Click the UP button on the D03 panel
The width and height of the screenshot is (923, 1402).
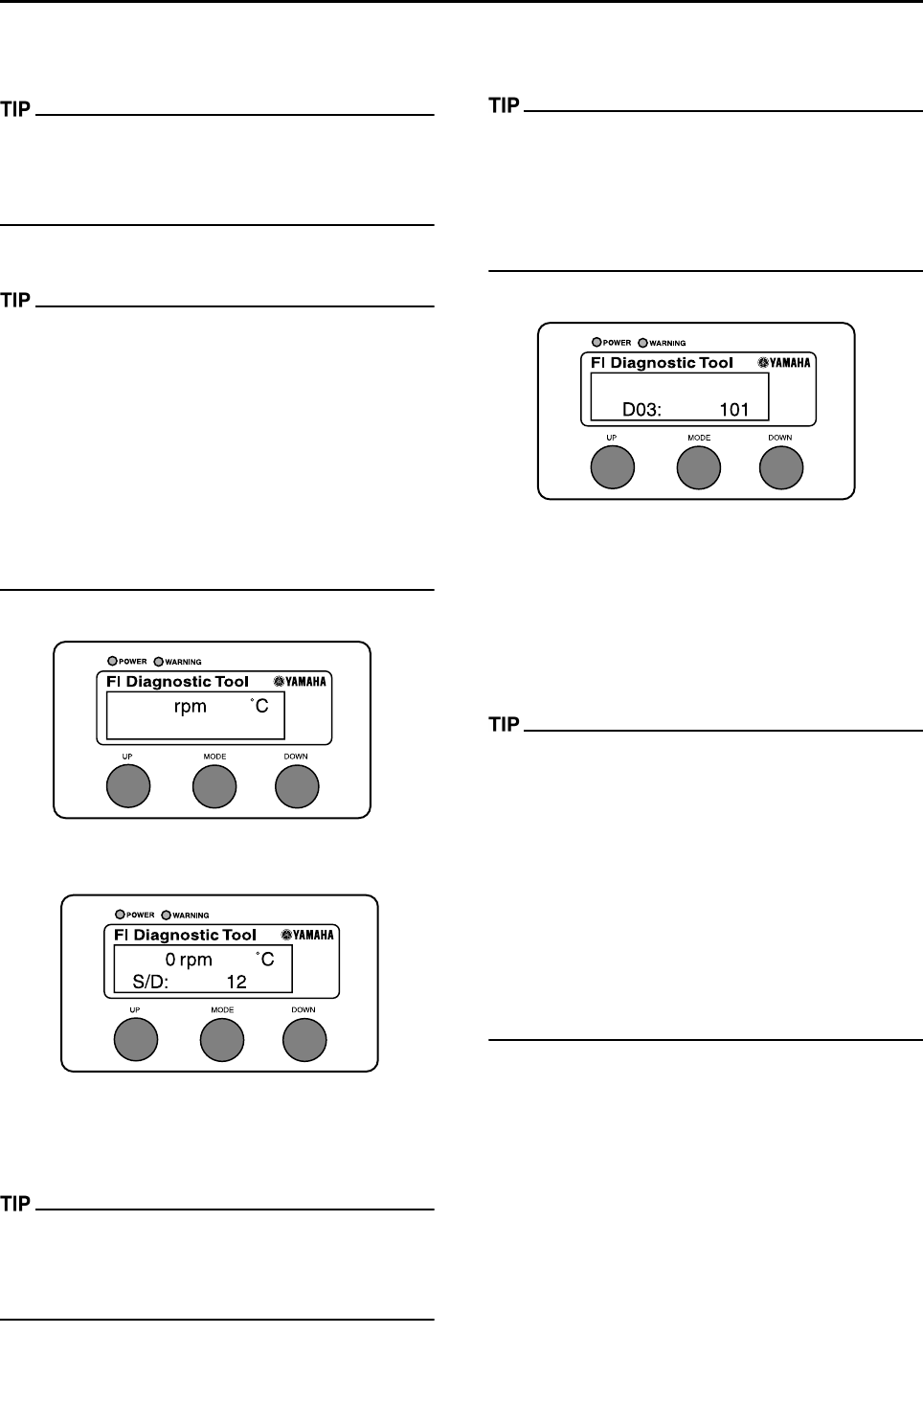coord(612,467)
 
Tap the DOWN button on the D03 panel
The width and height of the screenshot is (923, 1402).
coord(781,467)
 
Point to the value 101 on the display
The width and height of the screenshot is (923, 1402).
coord(734,410)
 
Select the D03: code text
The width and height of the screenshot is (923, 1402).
coord(642,410)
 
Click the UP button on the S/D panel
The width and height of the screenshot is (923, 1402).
coord(135,1039)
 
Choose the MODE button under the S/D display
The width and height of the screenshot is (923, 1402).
coord(222,1039)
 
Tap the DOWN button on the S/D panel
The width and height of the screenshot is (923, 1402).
coord(304,1039)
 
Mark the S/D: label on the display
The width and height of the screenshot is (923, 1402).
coord(150,982)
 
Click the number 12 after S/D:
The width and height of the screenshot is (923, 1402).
coord(236,982)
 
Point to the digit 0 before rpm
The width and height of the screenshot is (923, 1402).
coord(170,960)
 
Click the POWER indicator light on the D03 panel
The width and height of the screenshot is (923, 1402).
coord(597,342)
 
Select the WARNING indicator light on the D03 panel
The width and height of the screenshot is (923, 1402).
coord(642,342)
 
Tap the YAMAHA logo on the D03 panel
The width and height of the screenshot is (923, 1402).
coord(784,363)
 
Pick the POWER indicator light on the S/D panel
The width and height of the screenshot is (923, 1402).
coord(120,914)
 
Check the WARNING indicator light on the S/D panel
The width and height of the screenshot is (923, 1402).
coord(166,914)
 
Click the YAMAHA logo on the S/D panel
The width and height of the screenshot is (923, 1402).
coord(307,935)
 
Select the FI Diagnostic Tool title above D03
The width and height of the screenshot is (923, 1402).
coord(663,363)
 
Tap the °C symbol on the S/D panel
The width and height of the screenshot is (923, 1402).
coord(263,959)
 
